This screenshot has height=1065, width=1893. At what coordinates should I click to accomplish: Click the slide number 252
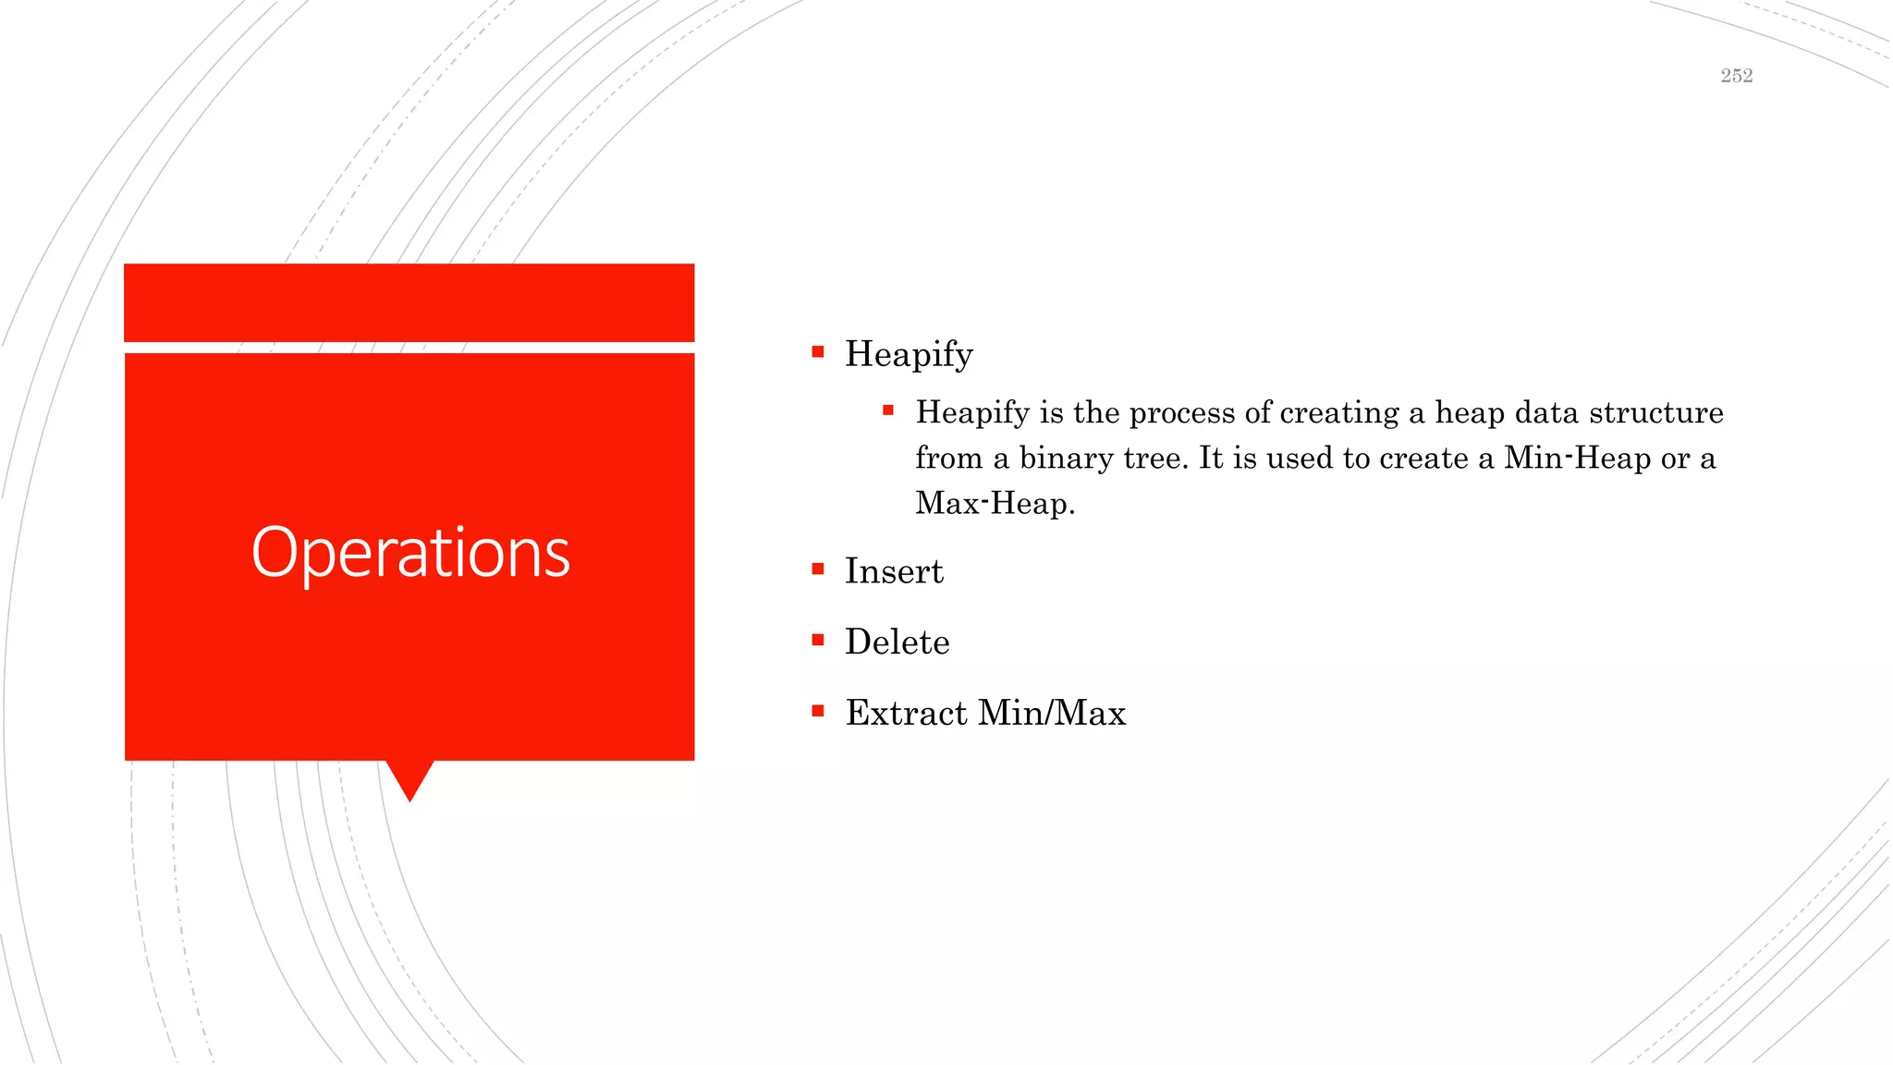tap(1736, 76)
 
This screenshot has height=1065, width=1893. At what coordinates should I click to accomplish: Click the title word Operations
tap(410, 553)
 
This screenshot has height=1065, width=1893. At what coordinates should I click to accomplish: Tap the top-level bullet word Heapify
tap(909, 354)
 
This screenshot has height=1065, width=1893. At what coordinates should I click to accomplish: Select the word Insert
tap(894, 571)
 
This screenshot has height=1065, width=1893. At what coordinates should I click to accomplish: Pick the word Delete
tap(897, 642)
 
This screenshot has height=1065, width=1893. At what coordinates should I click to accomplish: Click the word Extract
tap(906, 713)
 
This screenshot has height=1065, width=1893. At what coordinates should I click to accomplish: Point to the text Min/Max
tap(1052, 713)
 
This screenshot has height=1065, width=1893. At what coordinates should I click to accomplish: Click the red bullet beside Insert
tap(818, 569)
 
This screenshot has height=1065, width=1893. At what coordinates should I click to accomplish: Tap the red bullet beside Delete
tap(818, 640)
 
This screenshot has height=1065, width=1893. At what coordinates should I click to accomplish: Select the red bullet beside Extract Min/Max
tap(818, 711)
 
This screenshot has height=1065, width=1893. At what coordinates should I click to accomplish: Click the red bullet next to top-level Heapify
tap(818, 352)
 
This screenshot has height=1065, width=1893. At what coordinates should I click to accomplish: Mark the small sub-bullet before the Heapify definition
tap(888, 410)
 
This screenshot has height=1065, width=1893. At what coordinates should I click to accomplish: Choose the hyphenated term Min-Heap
tap(1577, 458)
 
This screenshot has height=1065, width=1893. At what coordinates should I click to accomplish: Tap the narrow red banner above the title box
tap(409, 302)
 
